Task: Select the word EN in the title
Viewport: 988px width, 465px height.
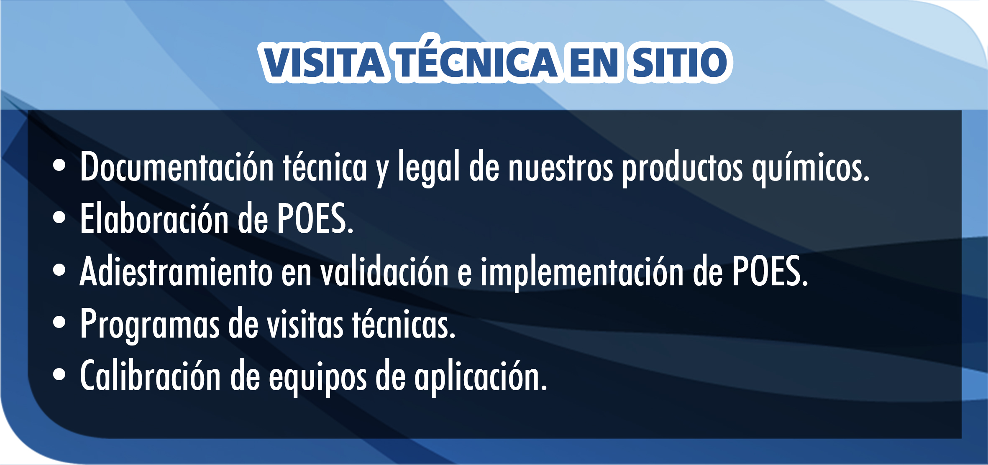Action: point(594,62)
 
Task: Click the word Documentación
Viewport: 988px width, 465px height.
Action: point(177,166)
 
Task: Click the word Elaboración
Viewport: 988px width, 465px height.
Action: point(154,218)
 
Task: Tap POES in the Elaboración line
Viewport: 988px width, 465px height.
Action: point(315,219)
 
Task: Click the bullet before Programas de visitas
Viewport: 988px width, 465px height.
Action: point(59,323)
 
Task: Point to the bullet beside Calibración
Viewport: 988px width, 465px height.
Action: point(59,375)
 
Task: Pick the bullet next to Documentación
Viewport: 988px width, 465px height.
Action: point(59,165)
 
